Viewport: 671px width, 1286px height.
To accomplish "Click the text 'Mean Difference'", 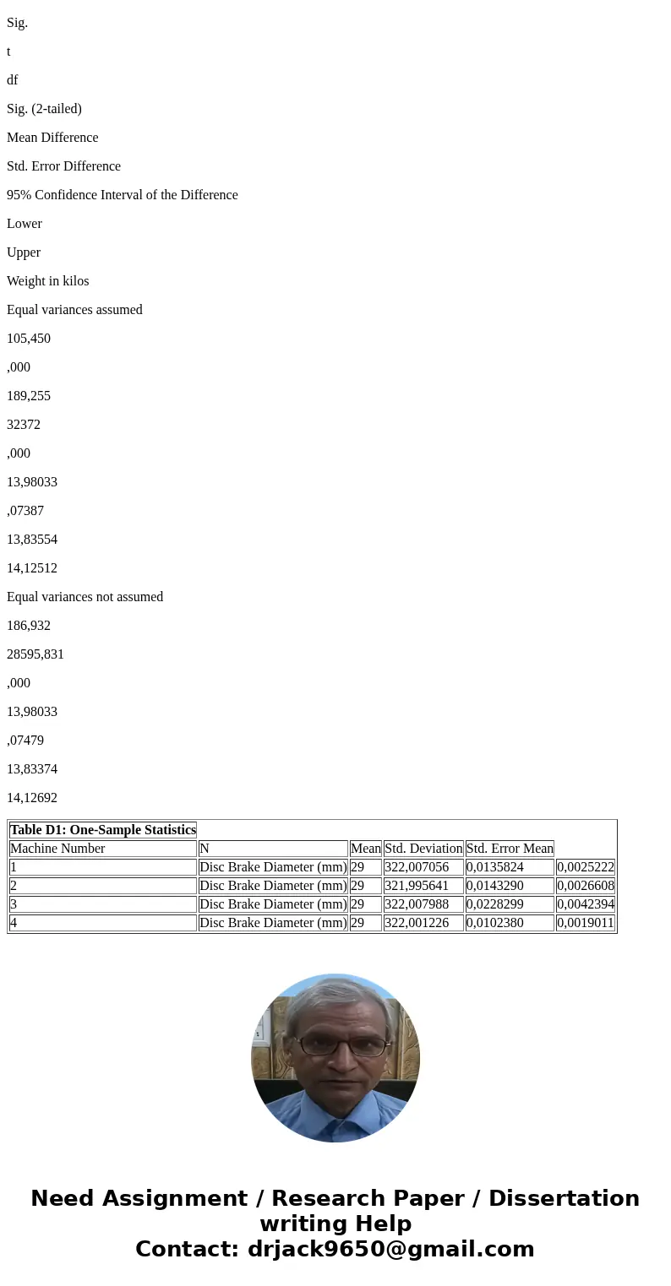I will [52, 138].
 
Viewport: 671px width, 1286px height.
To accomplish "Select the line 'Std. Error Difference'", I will [63, 166].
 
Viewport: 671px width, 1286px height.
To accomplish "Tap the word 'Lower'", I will [25, 224].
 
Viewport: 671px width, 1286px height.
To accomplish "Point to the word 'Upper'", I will [24, 252].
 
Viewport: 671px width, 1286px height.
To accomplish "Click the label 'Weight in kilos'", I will [47, 281].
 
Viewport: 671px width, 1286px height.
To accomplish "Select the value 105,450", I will [29, 339].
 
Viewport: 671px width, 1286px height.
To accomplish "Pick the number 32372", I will [24, 425].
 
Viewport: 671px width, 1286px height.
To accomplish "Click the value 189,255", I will [29, 396].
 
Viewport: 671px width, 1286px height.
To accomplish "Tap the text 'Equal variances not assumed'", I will [85, 597].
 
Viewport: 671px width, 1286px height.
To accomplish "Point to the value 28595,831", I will [35, 654].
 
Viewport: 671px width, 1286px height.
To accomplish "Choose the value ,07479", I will [25, 741].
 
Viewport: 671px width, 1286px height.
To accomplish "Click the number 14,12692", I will [32, 798].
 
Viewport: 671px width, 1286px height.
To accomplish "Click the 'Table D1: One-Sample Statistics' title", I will [103, 830].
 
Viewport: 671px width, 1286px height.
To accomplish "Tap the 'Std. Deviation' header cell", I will [423, 849].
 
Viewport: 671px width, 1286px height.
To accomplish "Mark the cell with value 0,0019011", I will [586, 923].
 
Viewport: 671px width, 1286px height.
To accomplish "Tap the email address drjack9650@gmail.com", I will [391, 1249].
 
